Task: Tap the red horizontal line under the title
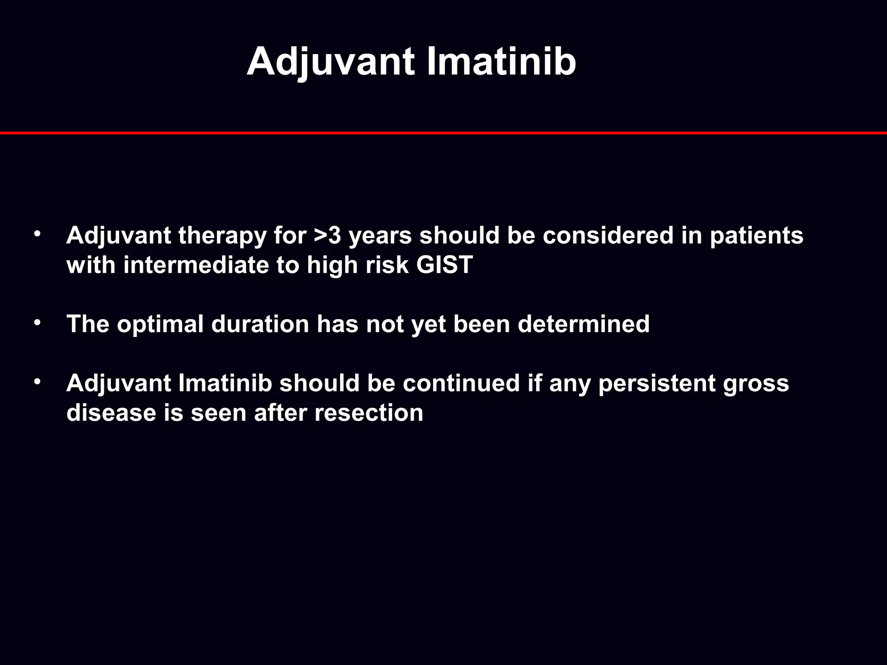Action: [443, 133]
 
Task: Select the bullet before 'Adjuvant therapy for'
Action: [38, 234]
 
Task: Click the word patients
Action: [756, 236]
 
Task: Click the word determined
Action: [583, 324]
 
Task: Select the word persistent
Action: [657, 384]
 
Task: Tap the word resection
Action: [369, 413]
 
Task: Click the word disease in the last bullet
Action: [111, 413]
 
